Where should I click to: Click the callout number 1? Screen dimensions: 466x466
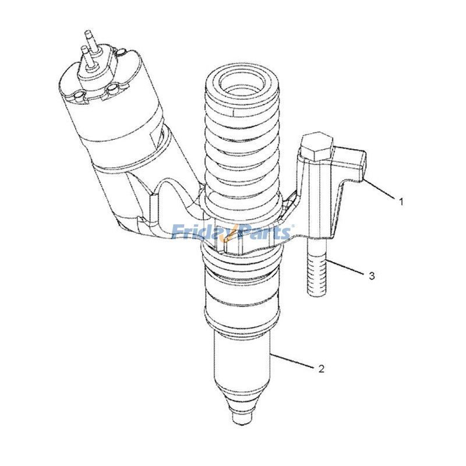point(401,201)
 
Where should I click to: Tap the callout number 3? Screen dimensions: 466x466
point(372,276)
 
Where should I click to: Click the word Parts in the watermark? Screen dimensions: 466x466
point(265,233)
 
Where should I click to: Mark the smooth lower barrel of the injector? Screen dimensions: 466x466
point(241,358)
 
